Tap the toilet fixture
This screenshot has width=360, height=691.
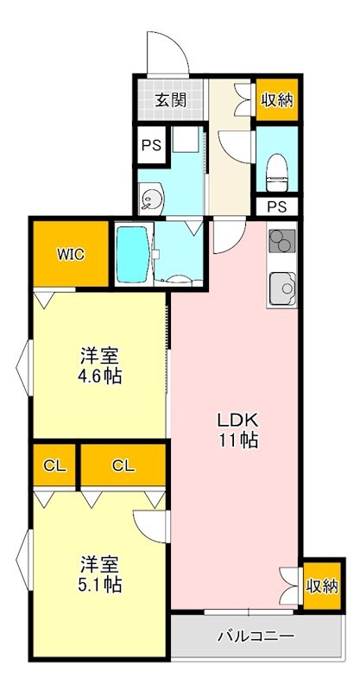point(277,169)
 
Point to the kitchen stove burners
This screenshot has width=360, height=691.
point(281,243)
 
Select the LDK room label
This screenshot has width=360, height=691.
point(236,420)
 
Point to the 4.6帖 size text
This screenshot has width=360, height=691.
point(100,376)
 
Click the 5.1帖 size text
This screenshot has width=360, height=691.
point(100,585)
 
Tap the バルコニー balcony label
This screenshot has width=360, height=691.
point(256,637)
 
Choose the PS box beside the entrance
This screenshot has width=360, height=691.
point(152,144)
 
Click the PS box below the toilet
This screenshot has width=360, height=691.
point(276,206)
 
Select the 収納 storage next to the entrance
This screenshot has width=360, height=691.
point(277,99)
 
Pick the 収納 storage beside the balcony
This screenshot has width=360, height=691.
point(321,586)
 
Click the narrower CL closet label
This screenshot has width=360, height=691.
point(55,466)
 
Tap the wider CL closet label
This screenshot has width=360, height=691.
point(123,466)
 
